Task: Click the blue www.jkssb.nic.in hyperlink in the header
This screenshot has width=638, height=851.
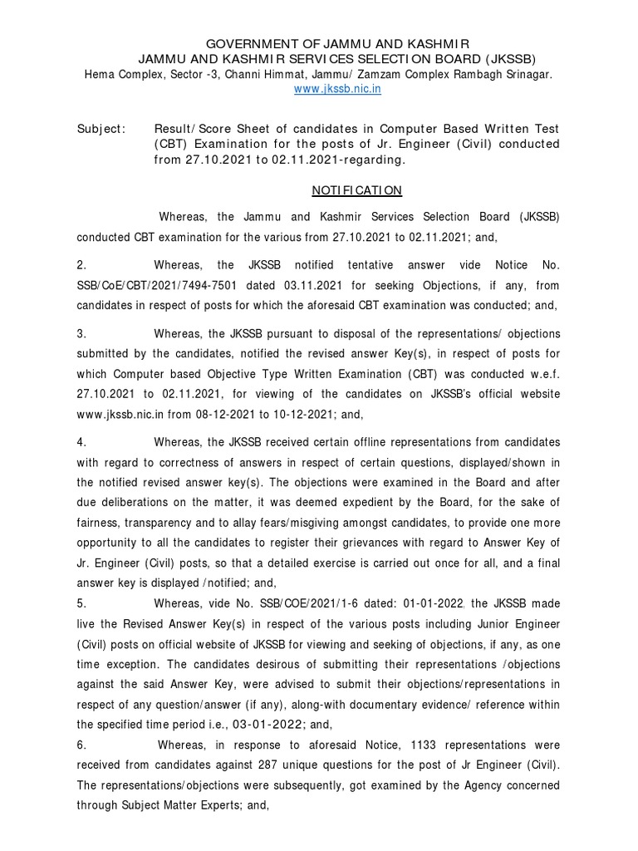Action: (x=337, y=89)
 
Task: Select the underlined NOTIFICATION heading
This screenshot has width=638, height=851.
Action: (x=356, y=190)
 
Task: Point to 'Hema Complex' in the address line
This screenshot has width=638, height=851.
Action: (x=120, y=74)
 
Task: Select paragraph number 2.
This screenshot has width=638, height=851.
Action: (x=81, y=265)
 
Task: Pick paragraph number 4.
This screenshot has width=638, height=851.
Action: (x=81, y=441)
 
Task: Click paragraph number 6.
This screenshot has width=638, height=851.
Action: (x=81, y=745)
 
